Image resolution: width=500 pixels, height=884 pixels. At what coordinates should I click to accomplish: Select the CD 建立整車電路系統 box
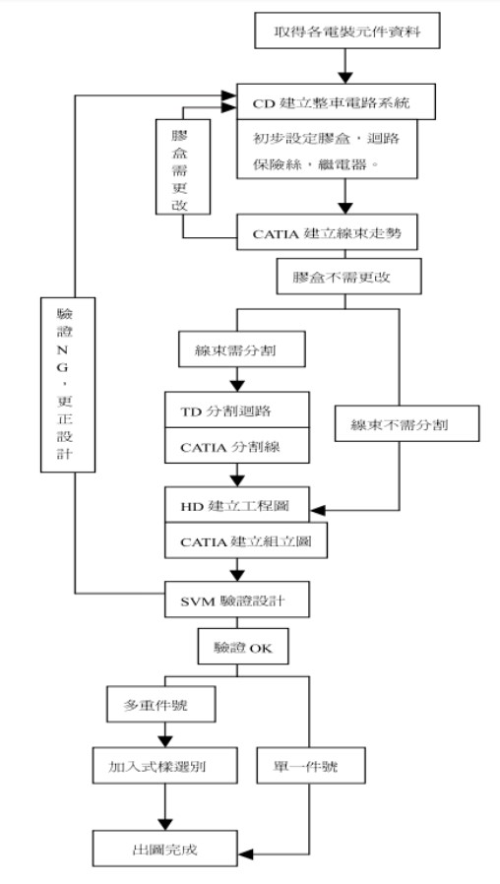coord(343,101)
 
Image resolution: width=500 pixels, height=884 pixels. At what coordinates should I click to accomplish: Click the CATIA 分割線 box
coord(237,447)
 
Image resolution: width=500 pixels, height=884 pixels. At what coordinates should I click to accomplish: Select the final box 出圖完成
coord(165,848)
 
